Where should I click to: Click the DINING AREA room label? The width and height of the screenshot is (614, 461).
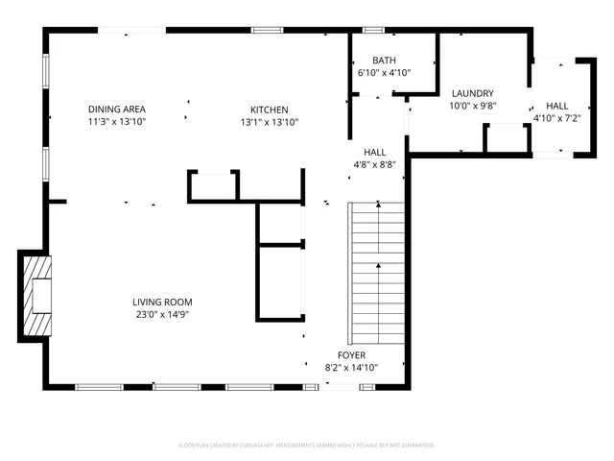(x=117, y=109)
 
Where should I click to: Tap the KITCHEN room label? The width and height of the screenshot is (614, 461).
(x=270, y=109)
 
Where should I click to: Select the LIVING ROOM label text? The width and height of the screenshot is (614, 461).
(x=162, y=302)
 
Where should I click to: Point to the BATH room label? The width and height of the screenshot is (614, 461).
(x=370, y=61)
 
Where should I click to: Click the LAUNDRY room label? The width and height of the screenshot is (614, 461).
(x=472, y=93)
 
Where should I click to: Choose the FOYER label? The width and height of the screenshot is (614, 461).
(x=351, y=355)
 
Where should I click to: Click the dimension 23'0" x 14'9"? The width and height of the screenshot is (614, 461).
(x=162, y=314)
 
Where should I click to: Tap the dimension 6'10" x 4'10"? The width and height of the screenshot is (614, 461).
(x=370, y=73)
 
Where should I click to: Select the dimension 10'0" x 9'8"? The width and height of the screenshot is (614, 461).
(x=472, y=106)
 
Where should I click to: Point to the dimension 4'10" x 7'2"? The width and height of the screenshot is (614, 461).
(x=557, y=118)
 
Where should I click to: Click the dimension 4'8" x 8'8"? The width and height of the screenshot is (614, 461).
(x=374, y=164)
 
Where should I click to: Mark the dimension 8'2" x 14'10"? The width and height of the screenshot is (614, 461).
(x=351, y=368)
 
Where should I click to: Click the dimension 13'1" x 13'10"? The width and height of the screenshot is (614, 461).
(x=270, y=122)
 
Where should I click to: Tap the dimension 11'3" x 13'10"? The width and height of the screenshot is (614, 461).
(x=117, y=122)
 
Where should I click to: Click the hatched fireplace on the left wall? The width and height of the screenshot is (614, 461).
(x=35, y=295)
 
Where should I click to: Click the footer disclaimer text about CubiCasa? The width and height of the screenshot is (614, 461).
(x=307, y=446)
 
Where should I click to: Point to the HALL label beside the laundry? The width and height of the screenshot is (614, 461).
(x=557, y=106)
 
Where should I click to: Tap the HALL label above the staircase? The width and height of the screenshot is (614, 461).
(x=374, y=152)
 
